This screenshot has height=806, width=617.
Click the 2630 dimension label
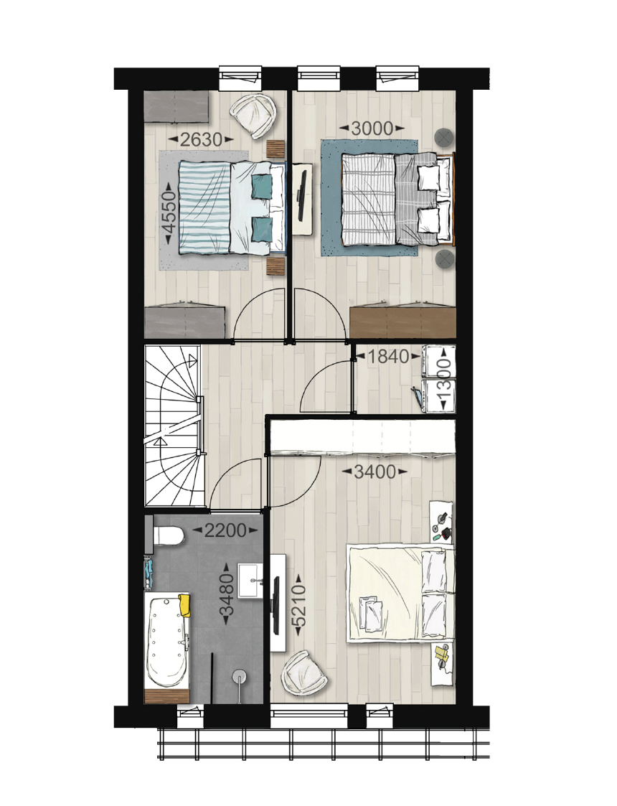(x=201, y=139)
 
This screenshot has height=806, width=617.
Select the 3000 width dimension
(x=372, y=128)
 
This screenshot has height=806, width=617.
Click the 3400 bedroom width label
(x=375, y=472)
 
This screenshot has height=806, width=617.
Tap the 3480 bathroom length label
(x=227, y=594)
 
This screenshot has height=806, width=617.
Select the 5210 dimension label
(x=298, y=606)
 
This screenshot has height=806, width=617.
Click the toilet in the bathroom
(x=166, y=536)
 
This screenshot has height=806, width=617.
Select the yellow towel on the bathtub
(x=184, y=606)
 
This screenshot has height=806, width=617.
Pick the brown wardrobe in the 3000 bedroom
(x=402, y=322)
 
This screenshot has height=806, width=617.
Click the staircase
(x=173, y=426)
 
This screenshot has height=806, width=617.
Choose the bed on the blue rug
(x=398, y=198)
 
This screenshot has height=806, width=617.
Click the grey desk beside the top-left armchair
(x=176, y=107)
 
